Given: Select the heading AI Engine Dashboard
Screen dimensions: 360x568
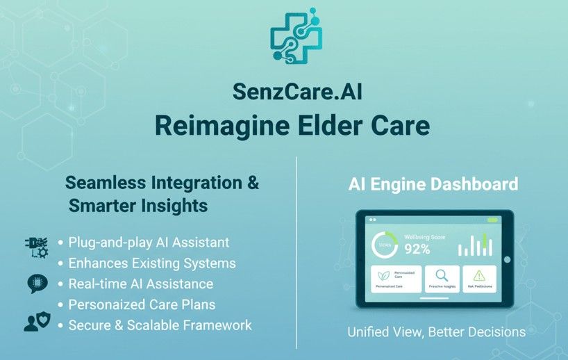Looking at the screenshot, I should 433,184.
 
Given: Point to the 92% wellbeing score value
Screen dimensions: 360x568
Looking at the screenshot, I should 417,248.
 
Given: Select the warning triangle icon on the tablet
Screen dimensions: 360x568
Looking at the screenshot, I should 480,275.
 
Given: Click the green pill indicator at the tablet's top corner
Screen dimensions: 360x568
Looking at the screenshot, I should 492,220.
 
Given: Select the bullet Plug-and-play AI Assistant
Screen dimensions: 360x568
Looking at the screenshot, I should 149,243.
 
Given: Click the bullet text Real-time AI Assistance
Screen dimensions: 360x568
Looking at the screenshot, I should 140,284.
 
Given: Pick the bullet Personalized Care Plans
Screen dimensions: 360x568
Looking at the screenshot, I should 142,304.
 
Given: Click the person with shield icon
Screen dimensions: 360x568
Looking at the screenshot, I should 37,322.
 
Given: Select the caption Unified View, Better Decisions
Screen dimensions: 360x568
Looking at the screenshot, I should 436,332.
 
